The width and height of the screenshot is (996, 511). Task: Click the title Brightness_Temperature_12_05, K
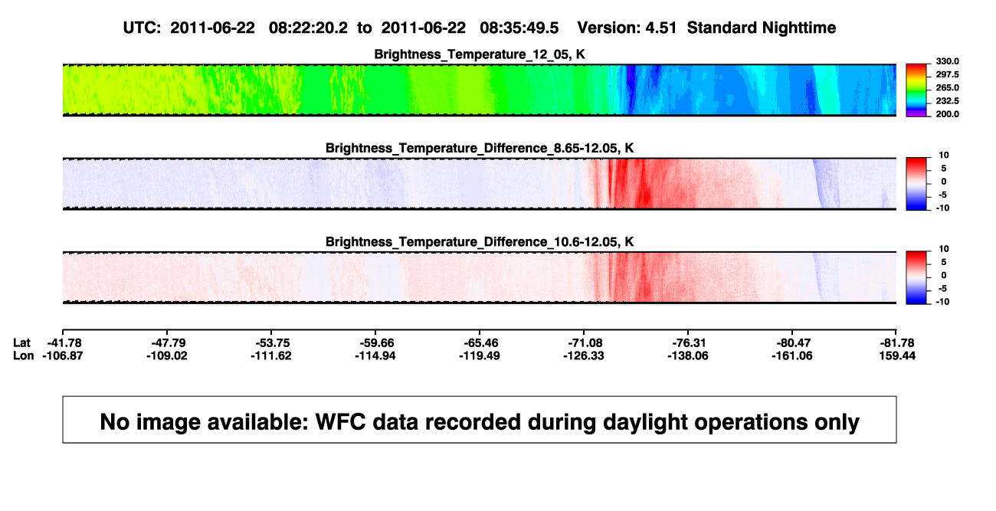(x=480, y=54)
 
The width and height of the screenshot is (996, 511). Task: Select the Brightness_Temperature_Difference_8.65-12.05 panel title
(x=480, y=148)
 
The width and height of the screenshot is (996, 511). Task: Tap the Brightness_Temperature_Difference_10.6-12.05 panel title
(x=480, y=242)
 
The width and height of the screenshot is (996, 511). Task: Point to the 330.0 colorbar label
(x=947, y=61)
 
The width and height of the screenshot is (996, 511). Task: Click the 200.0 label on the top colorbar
(x=947, y=114)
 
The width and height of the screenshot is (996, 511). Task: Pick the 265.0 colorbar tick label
(x=947, y=87)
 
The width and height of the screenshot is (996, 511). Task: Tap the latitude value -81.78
(x=897, y=343)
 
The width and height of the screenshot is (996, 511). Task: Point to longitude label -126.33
(x=583, y=355)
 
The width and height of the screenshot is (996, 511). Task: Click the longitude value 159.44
(x=897, y=355)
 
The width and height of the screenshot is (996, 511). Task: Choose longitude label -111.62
(x=270, y=355)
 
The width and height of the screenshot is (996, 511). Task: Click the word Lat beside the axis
(x=21, y=343)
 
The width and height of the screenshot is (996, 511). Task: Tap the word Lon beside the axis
(x=24, y=355)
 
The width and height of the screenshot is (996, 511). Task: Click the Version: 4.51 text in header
(x=627, y=28)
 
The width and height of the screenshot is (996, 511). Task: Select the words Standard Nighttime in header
(x=762, y=28)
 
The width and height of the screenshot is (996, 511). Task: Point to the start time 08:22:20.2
(x=308, y=28)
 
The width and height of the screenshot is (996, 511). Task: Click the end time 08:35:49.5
(x=519, y=28)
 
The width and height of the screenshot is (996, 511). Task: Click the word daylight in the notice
(x=644, y=423)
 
